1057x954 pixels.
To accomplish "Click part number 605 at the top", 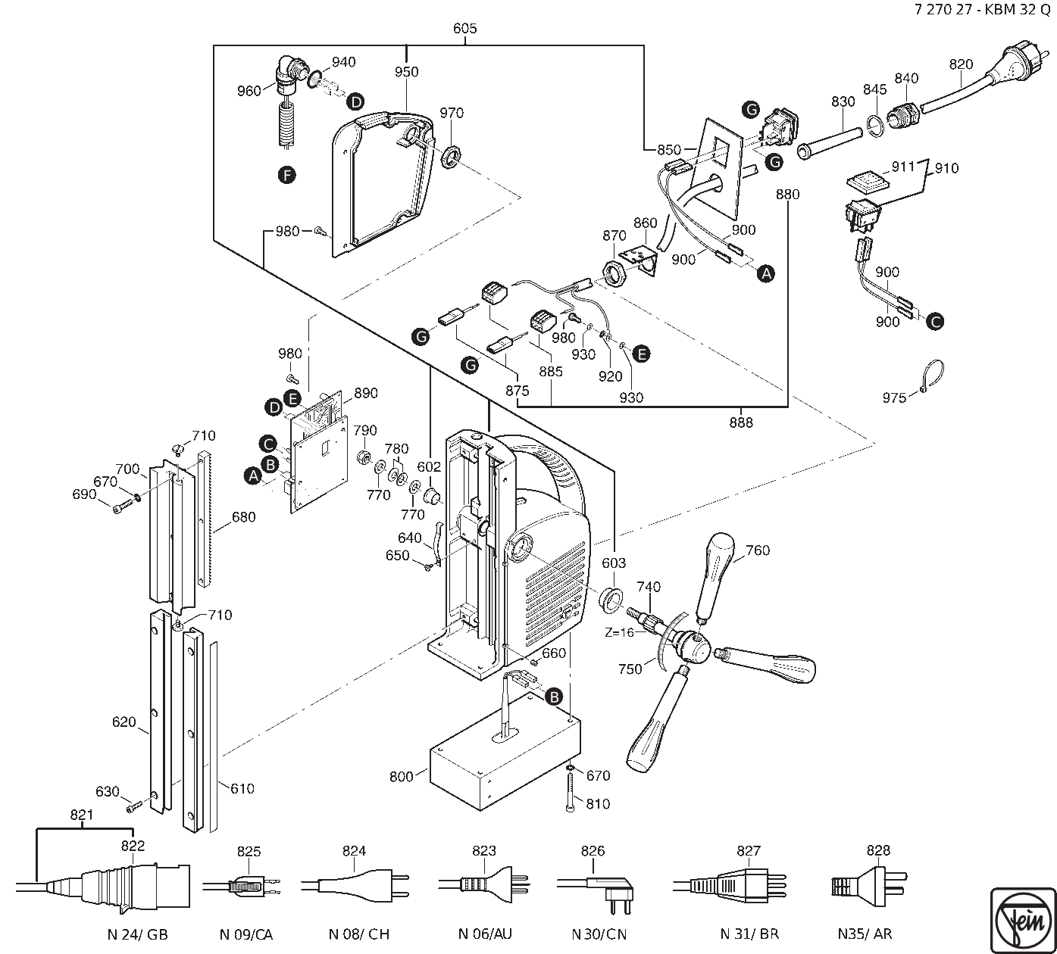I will point(464,29).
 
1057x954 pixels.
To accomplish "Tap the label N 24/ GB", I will point(137,934).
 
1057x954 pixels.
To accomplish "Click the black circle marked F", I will point(286,176).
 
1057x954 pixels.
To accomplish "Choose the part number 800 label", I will point(401,776).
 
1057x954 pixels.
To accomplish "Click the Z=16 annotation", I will point(619,631).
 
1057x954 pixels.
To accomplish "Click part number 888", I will point(741,422).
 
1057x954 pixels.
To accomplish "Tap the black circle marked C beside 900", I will point(936,321).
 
